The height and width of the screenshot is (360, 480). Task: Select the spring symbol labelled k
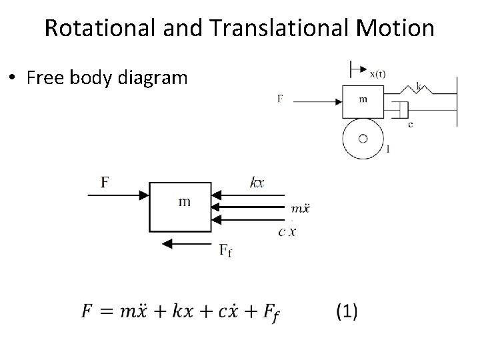tap(413, 91)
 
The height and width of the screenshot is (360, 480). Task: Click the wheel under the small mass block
tap(363, 139)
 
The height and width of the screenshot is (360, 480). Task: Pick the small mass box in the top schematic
tap(363, 101)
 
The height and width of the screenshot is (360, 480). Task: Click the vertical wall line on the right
tap(457, 97)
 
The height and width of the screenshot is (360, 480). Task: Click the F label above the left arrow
tap(105, 181)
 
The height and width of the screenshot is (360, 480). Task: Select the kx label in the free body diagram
tap(257, 181)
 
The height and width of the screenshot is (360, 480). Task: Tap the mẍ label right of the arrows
tap(301, 209)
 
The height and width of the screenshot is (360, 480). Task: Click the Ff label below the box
tap(226, 251)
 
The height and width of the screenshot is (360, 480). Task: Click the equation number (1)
tap(347, 310)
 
